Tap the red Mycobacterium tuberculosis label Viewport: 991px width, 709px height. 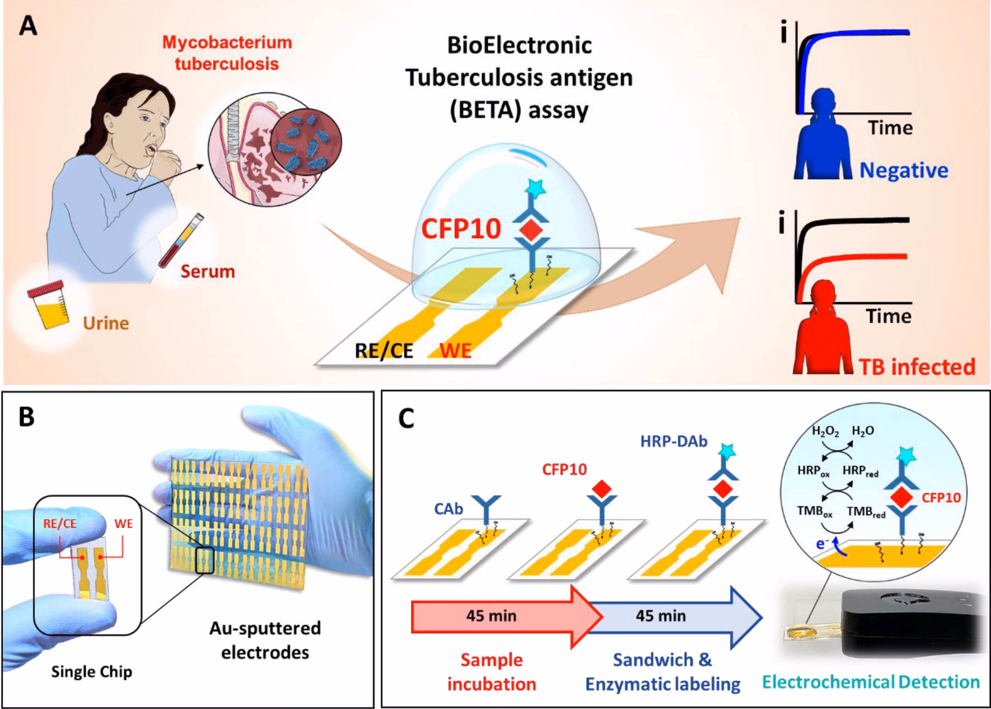pos(227,53)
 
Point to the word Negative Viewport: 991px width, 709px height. pos(904,170)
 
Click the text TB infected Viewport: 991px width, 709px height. pos(917,366)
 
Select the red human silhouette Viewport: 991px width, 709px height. pos(823,336)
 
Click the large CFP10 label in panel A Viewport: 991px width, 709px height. pos(461,228)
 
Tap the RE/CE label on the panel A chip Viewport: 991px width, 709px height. pos(384,351)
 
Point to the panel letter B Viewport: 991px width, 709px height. pos(26,417)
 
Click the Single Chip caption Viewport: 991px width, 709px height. pos(92,671)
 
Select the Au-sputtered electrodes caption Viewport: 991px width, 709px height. pos(265,640)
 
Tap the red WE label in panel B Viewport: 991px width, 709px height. pos(124,524)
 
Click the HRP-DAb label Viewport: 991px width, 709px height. pos(674,441)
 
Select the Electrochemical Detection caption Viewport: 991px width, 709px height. pos(871,682)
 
